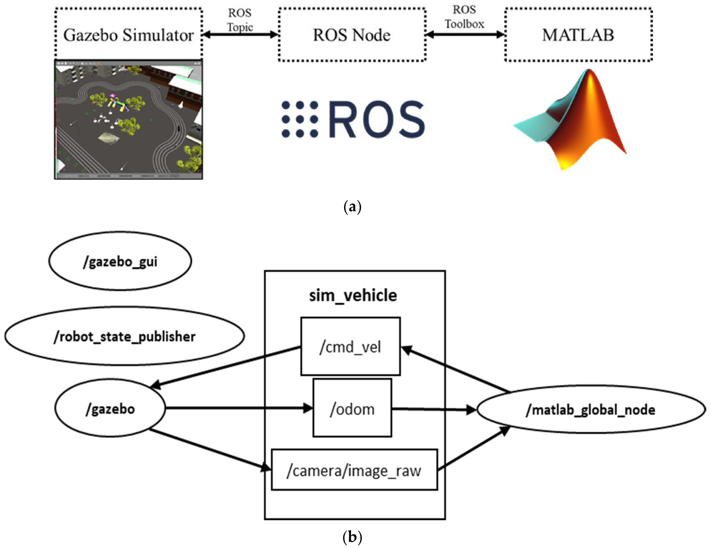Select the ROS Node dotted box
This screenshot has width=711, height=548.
click(352, 35)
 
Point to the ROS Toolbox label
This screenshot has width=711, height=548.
click(464, 17)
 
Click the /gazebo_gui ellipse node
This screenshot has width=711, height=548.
click(120, 261)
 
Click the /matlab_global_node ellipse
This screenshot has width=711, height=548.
click(591, 409)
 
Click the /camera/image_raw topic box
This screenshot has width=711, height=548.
click(354, 470)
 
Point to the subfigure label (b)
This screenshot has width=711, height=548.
click(352, 537)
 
